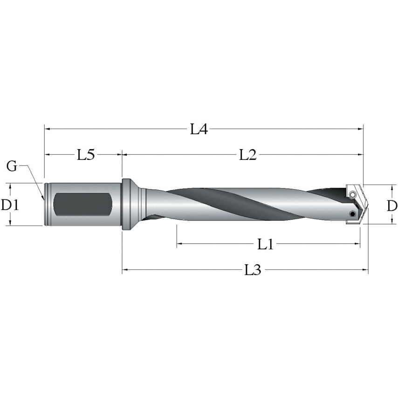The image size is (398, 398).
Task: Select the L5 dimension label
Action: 86,154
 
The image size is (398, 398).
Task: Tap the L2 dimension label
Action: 248,154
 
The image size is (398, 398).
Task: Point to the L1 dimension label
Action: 265,244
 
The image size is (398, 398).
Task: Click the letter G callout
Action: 12,166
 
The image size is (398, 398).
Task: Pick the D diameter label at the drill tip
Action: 392,205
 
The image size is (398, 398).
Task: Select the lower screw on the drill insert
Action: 352,214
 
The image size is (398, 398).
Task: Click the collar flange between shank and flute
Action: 126,204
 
